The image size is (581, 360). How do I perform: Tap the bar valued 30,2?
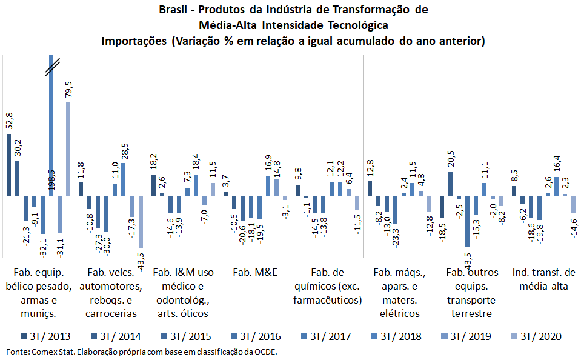[x=18, y=179]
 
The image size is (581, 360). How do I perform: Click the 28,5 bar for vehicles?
[x=124, y=180]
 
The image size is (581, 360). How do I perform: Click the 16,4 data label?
[x=556, y=164]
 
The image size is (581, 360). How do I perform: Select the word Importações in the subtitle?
[x=134, y=41]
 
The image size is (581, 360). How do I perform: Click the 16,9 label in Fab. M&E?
[x=268, y=164]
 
